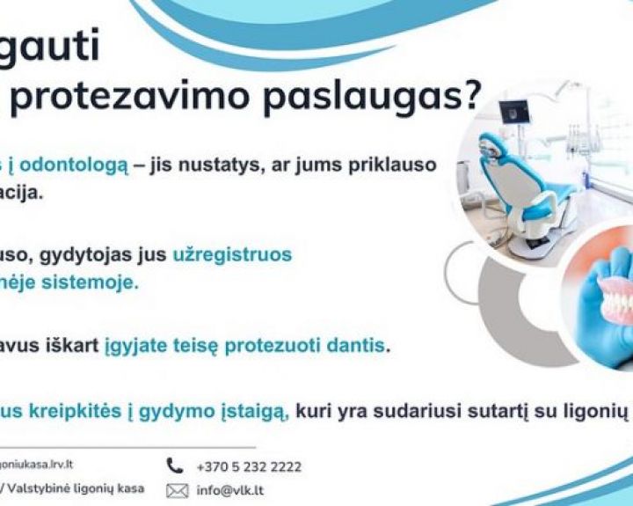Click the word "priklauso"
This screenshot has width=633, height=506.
point(389,165)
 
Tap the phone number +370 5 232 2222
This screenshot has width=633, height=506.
point(249,466)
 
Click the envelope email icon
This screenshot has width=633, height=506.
point(176,491)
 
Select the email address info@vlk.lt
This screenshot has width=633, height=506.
point(230,491)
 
